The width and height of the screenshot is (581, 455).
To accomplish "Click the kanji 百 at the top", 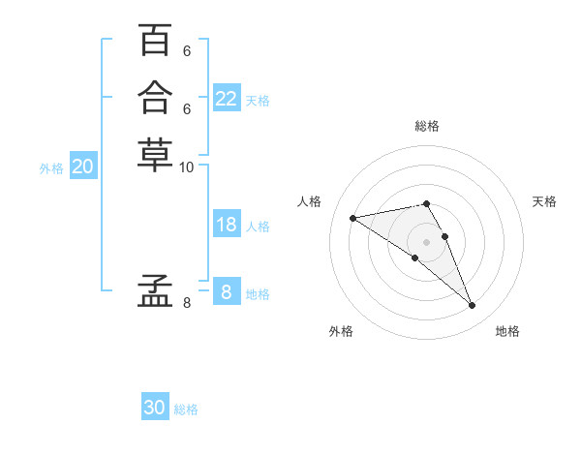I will [155, 41].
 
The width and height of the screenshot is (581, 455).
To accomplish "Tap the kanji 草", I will [155, 154].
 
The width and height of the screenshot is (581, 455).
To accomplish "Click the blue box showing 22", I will [227, 98].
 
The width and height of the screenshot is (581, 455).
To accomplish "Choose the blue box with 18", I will [227, 225].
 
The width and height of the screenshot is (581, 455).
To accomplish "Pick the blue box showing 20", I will [83, 167].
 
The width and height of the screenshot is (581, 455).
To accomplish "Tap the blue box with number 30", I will [155, 408].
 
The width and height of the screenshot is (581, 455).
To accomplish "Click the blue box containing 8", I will [227, 291].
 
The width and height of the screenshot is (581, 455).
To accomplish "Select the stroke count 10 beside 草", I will [187, 167].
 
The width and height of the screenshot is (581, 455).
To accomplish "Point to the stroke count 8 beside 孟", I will [187, 303].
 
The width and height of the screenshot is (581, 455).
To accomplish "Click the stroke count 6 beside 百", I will [187, 51].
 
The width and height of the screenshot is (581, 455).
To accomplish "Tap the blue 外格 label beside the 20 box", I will [51, 167].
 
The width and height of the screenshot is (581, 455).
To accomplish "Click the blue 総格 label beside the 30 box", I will [186, 409].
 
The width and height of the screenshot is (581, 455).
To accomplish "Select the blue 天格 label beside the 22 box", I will [258, 100].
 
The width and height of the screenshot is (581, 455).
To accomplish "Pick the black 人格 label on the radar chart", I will [310, 201].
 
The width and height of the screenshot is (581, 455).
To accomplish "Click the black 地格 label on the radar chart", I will [507, 331].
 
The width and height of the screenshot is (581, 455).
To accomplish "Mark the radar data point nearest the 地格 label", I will [473, 306].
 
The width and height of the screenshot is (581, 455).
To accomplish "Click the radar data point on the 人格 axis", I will [352, 218].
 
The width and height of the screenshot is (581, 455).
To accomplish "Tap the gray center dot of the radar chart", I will [426, 241].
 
